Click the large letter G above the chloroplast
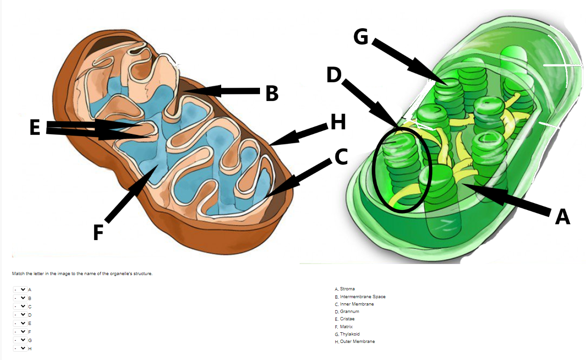point(361,37)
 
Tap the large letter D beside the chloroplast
point(333,75)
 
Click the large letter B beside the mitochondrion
point(272,94)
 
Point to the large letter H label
point(338,122)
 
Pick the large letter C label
point(341,157)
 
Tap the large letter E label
point(35,128)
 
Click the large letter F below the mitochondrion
point(97,233)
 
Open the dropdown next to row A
point(20,289)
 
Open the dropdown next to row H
point(20,348)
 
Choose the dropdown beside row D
point(20,315)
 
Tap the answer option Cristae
point(347,319)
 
